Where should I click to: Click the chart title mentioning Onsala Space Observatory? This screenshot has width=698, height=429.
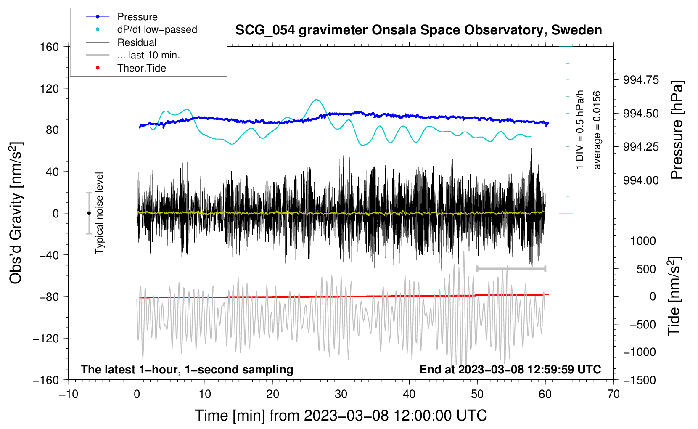[x=418, y=30]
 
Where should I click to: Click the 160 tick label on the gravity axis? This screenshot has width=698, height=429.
[x=50, y=47]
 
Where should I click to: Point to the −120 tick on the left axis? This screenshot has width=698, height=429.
[x=46, y=339]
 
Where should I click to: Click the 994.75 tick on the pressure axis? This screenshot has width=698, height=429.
[x=641, y=80]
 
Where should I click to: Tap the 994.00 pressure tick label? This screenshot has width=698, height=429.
[x=641, y=180]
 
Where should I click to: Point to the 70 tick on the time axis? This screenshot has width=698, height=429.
[x=613, y=394]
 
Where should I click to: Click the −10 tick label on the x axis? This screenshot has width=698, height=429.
[x=69, y=394]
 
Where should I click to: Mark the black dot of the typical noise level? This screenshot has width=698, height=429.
[x=89, y=213]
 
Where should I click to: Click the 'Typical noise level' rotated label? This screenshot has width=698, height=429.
[x=99, y=213]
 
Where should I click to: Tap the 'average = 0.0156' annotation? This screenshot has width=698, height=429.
[x=597, y=130]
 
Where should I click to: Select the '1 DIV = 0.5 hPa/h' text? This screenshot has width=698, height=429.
[x=579, y=130]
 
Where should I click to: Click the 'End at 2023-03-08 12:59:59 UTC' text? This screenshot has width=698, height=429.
[x=510, y=369]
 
